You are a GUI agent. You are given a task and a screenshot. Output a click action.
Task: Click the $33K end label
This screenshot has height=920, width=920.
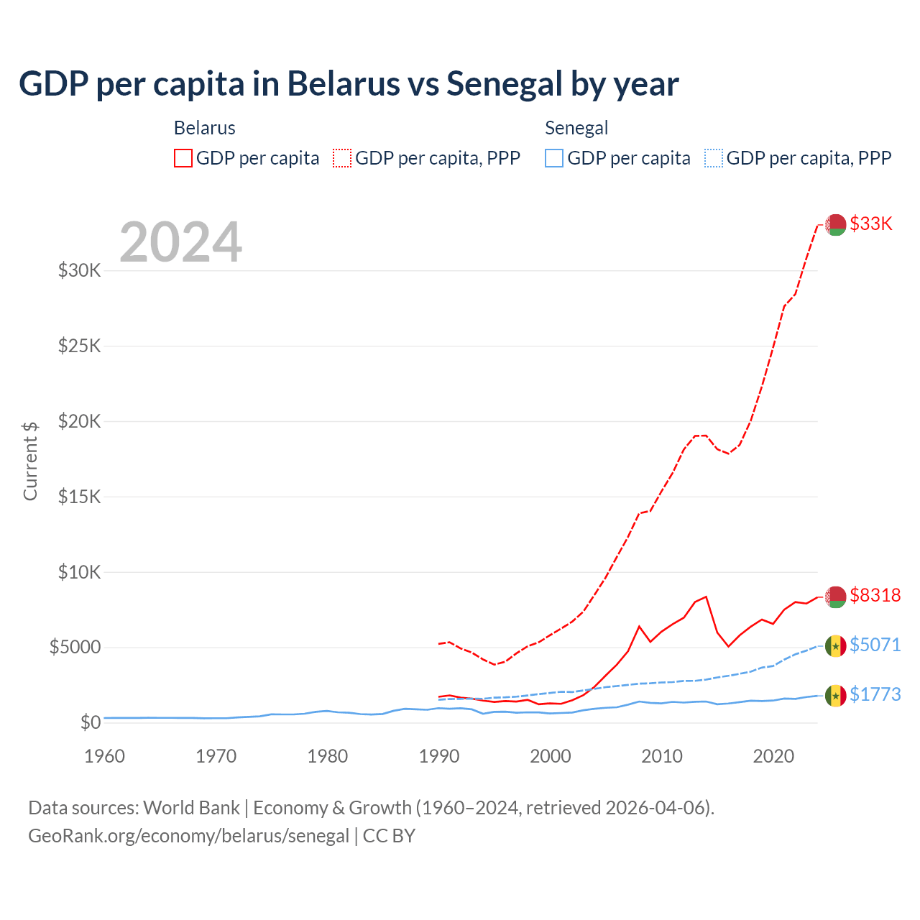click(x=870, y=224)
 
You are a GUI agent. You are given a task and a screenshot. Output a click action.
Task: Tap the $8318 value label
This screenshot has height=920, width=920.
click(x=875, y=595)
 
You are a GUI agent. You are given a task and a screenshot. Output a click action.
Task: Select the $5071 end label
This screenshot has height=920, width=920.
click(x=875, y=645)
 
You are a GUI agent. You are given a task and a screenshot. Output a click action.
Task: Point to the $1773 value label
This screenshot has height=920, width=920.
click(x=875, y=694)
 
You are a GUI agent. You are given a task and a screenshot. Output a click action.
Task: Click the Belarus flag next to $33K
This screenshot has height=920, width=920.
click(x=835, y=224)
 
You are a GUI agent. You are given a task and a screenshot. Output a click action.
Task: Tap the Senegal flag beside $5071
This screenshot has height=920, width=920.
click(x=835, y=646)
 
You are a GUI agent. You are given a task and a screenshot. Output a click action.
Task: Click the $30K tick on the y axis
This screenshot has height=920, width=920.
click(x=79, y=271)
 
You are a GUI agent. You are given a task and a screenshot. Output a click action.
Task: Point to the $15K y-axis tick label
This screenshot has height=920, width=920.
click(x=79, y=497)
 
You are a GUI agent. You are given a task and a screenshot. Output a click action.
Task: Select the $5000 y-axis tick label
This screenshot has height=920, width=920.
click(x=75, y=648)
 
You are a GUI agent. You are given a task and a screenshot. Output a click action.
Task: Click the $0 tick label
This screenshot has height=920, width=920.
click(x=90, y=722)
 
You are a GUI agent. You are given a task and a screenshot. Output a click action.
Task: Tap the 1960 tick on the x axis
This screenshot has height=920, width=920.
click(x=104, y=756)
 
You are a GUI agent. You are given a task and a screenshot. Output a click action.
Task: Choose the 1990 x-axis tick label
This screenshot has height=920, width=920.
click(x=438, y=756)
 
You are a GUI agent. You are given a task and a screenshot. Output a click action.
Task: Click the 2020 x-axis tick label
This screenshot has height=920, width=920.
click(x=773, y=756)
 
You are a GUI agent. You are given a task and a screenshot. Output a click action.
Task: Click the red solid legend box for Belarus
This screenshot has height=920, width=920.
click(x=183, y=158)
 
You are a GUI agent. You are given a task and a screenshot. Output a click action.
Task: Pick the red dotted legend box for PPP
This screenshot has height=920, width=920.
click(x=342, y=158)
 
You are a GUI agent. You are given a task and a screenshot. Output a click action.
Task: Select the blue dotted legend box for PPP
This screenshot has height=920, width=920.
click(x=714, y=158)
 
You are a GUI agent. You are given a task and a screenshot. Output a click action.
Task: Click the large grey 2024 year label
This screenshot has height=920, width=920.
click(x=180, y=242)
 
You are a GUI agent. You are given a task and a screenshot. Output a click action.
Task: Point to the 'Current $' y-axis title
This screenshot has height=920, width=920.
click(x=30, y=461)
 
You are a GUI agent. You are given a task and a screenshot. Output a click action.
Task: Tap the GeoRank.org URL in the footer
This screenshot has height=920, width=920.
click(x=188, y=836)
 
